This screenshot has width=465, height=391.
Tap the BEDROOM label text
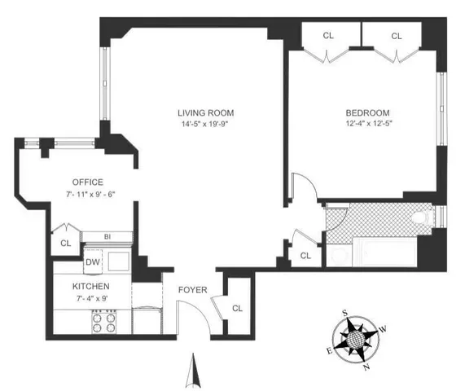point(366,112)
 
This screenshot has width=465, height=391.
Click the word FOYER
point(192,290)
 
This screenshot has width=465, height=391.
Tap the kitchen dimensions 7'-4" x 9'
point(90,300)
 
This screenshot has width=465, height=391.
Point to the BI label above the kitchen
point(107,237)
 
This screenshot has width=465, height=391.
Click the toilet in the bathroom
point(421,218)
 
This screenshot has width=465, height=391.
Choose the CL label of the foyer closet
point(237,308)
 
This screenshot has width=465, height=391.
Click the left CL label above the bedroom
point(328,36)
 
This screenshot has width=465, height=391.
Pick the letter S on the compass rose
point(346,313)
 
